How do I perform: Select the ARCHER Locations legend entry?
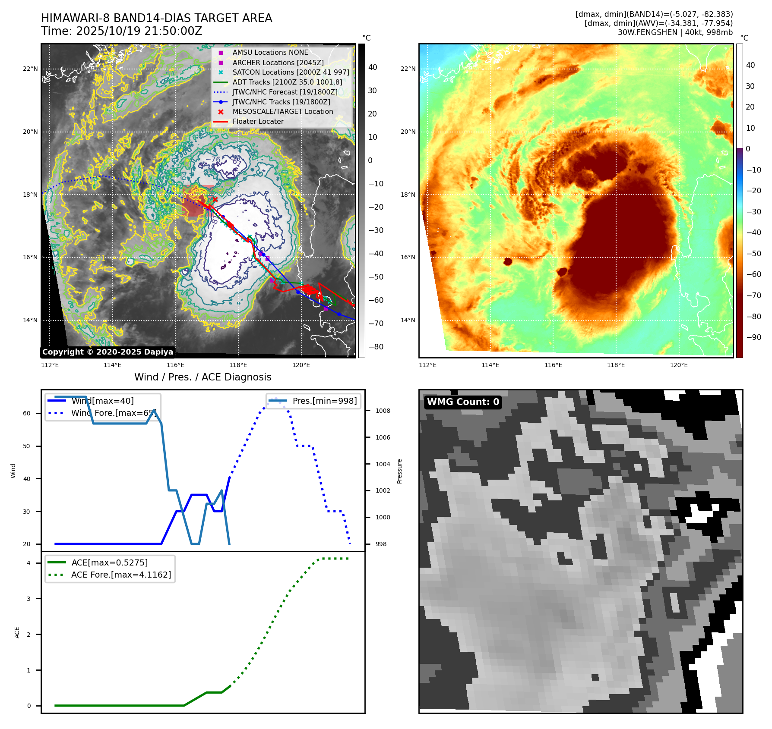point(278,63)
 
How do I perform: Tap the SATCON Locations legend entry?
point(291,72)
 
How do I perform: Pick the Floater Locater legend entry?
point(258,122)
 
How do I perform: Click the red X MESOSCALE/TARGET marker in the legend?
point(221,112)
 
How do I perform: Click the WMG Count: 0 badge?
point(463,402)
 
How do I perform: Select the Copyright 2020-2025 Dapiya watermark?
point(108,352)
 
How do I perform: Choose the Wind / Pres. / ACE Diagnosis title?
point(203,377)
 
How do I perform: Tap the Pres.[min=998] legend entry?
point(324,401)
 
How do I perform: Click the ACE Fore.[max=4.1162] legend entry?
point(121,575)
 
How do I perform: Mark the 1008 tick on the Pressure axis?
point(383,411)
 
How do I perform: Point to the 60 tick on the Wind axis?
point(27,413)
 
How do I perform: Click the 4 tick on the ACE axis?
point(28,563)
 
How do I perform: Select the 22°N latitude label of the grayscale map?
point(30,69)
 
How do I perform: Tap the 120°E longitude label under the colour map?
point(679,365)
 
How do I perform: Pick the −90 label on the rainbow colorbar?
point(753,337)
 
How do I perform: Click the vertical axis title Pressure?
point(400,471)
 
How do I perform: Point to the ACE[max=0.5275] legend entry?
point(109,562)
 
